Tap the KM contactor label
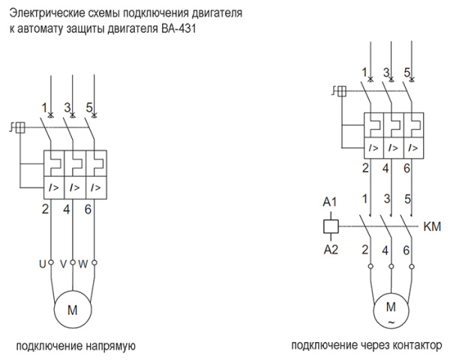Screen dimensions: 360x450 [432, 225]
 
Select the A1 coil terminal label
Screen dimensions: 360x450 [329, 201]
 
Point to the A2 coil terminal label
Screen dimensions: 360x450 [329, 249]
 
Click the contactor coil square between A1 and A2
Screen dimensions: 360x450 [329, 225]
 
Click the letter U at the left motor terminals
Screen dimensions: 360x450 [43, 263]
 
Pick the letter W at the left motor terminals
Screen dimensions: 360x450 [83, 263]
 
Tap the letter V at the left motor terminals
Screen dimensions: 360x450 [63, 263]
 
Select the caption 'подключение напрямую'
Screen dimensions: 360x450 [76, 346]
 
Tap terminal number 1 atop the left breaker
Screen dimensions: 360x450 [44, 107]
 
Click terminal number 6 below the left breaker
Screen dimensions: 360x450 [88, 208]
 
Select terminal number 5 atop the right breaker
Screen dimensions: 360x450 [407, 73]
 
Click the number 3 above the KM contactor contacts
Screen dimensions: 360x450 [387, 198]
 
